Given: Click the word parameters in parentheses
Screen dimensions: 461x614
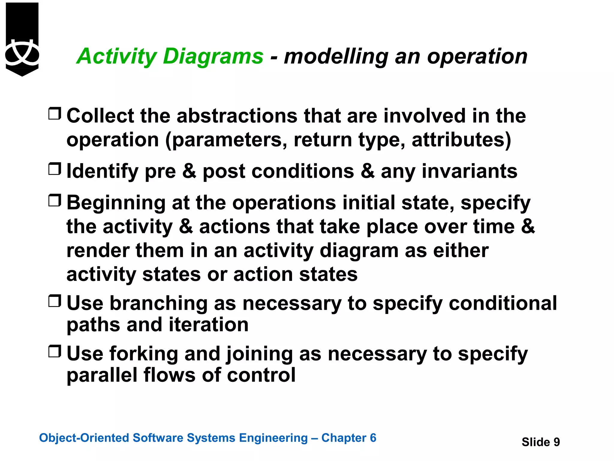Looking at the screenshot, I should (229, 140).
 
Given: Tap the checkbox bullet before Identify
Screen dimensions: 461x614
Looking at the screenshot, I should (55, 169).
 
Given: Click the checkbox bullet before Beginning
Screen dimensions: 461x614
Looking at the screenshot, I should (55, 200).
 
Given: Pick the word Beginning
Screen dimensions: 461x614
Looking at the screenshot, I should (116, 203).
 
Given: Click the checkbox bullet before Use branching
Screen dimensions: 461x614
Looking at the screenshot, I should (55, 301).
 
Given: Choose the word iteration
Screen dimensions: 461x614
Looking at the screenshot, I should (209, 325).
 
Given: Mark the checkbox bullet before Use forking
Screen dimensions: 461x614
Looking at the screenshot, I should (55, 351).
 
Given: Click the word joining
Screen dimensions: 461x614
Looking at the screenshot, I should (260, 354).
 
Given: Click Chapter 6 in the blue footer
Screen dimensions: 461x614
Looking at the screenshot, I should (348, 438).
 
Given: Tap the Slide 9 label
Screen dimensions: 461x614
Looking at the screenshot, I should (541, 442).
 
